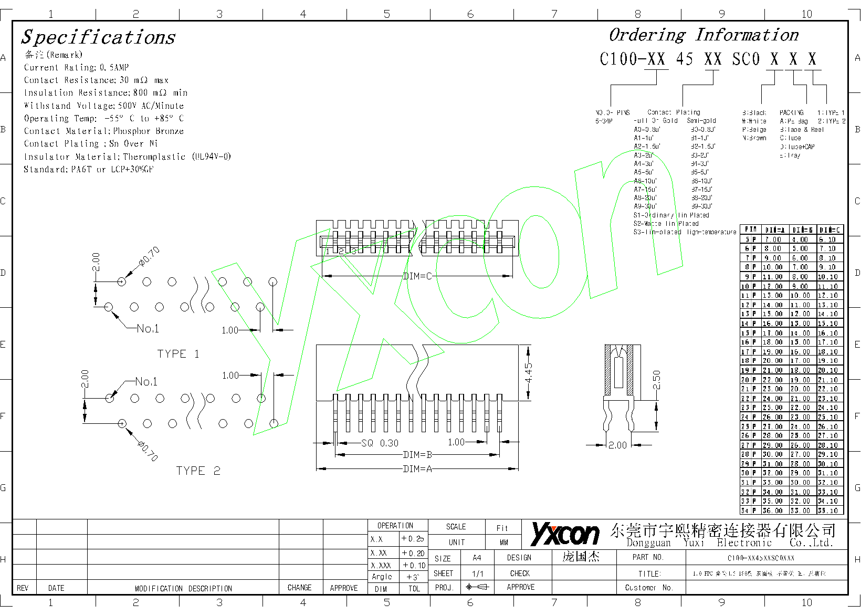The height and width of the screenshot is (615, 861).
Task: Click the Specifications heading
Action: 98,37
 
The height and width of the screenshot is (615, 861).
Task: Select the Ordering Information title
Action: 703,35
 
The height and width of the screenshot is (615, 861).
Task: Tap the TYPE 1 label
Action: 178,354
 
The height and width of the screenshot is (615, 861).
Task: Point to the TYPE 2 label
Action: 198,471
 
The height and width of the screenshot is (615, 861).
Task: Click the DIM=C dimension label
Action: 417,276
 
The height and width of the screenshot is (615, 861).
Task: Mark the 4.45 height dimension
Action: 528,373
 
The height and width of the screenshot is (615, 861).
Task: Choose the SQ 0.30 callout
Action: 380,443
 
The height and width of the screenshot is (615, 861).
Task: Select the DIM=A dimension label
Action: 417,468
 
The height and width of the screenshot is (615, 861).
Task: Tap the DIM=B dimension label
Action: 417,455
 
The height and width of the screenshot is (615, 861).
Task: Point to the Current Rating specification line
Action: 76,67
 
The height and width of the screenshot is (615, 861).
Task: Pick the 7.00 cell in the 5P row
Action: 773,239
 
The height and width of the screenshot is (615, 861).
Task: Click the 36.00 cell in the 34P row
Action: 773,510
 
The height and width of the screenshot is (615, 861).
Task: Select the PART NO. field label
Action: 648,557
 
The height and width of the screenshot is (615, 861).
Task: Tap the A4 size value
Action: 477,558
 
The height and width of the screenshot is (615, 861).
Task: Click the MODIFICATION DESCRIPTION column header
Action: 183,588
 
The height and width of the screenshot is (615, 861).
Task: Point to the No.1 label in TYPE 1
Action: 148,329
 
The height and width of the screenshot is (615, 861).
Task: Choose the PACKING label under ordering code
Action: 791,112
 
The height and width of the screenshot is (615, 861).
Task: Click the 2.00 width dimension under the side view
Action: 617,445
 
